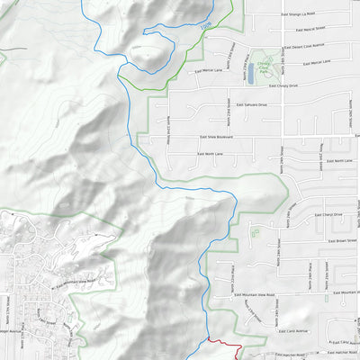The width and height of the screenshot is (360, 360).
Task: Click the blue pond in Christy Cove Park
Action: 252,78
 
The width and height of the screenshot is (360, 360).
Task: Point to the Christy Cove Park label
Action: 264,65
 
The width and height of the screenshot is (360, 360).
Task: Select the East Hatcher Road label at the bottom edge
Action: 270,355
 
